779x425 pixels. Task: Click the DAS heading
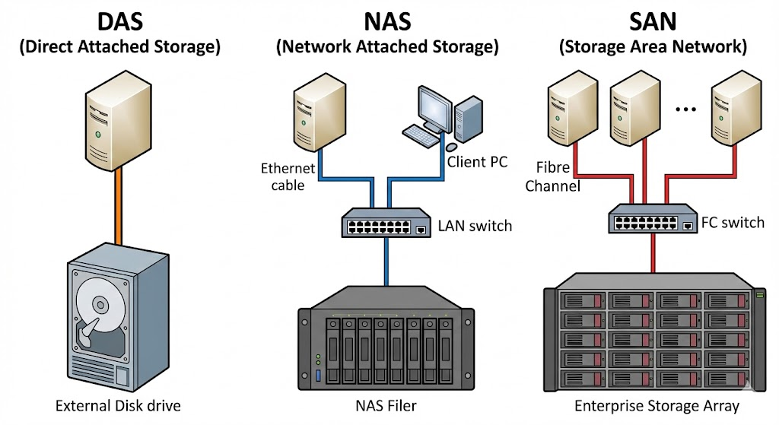tap(120, 21)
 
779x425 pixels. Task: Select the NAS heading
tap(388, 21)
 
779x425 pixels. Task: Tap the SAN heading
tap(653, 21)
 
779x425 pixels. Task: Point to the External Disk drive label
tap(118, 405)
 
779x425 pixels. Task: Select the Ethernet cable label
tap(282, 176)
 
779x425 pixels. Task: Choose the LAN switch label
tap(475, 226)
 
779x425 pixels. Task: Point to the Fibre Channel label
tap(558, 176)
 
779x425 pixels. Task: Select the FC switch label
tap(733, 223)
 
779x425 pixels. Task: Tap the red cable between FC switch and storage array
tap(653, 252)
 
